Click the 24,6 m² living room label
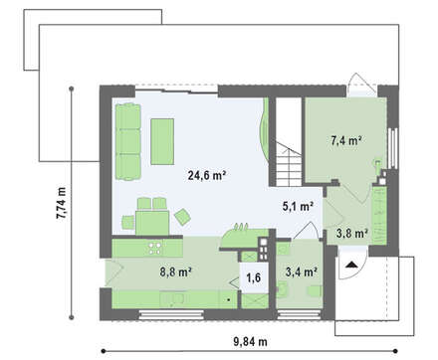click(207, 175)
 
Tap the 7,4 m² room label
click(346, 140)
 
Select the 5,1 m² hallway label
click(298, 206)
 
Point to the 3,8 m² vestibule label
click(352, 234)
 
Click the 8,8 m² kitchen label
click(175, 271)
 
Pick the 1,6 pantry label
click(254, 277)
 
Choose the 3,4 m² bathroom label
click(302, 271)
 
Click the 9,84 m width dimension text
click(250, 341)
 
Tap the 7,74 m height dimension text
click(61, 203)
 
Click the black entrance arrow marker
click(351, 265)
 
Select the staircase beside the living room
click(289, 142)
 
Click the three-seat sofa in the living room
click(128, 141)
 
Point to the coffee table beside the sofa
click(162, 141)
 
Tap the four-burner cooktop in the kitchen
click(155, 249)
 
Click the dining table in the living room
click(152, 223)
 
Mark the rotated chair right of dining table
click(182, 217)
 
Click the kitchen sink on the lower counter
click(173, 299)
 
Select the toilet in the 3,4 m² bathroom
click(283, 289)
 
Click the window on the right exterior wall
click(393, 148)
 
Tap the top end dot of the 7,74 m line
click(71, 89)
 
